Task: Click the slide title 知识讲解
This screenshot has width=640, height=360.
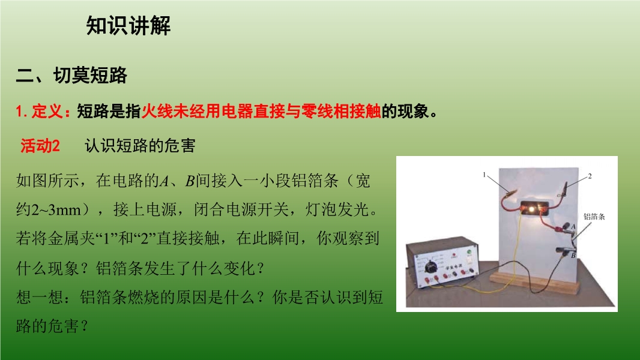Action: [x=128, y=26]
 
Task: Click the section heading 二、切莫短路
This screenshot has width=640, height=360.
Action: [x=72, y=76]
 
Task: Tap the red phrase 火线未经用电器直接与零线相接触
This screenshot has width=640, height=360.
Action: [x=261, y=111]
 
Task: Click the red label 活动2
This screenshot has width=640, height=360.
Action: [x=40, y=146]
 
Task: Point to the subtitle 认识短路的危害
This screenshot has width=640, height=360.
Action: [x=140, y=146]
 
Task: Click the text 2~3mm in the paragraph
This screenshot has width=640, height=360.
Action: [x=56, y=209]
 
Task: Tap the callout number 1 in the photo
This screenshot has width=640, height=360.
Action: [x=485, y=175]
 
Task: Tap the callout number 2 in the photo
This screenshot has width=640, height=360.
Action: [x=590, y=176]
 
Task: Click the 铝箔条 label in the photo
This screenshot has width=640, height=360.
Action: [x=594, y=217]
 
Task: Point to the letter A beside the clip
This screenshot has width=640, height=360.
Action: [x=573, y=227]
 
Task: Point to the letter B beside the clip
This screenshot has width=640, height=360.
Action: [x=573, y=256]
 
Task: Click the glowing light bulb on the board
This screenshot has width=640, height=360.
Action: [x=531, y=209]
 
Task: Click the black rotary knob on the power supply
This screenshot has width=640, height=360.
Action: [x=430, y=267]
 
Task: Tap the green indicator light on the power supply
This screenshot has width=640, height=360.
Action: [x=469, y=251]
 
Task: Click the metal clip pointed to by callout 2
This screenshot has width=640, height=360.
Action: [x=564, y=190]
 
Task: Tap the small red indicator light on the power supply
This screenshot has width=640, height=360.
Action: [x=454, y=255]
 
